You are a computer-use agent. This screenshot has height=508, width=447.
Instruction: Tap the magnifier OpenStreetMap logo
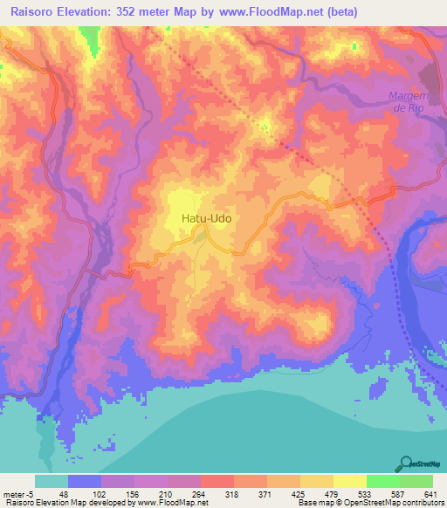[x=407, y=464]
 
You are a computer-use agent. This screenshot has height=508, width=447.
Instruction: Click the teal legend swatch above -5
[x=52, y=481]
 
